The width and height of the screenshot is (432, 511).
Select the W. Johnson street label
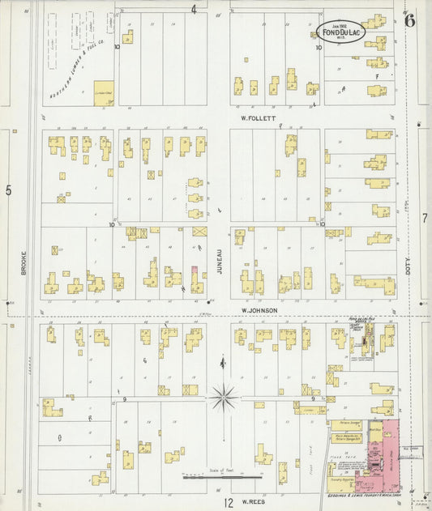click(259, 310)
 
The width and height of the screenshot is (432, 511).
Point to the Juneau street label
click(219, 263)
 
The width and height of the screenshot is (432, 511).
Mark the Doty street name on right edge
click(410, 265)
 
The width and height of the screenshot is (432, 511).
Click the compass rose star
click(224, 397)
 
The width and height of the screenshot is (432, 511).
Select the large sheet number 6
click(410, 21)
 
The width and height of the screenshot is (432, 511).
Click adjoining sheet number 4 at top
click(194, 10)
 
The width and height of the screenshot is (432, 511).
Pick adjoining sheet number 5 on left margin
click(9, 190)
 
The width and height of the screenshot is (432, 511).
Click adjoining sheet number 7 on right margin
click(424, 219)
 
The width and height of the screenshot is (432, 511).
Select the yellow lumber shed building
click(104, 92)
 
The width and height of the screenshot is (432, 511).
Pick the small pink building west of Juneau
click(195, 271)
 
